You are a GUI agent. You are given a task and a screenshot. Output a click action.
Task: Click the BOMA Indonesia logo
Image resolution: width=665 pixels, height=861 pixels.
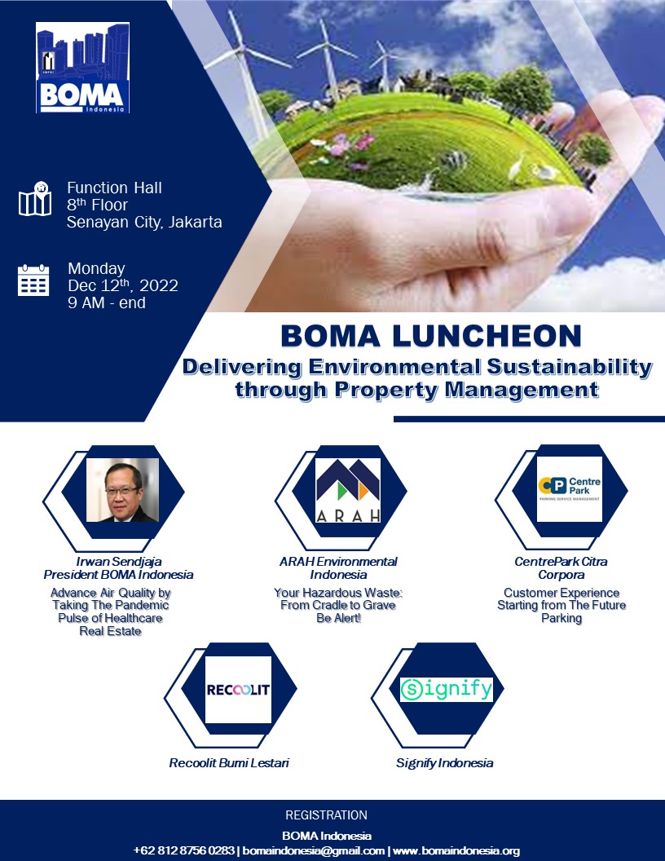pyautogui.click(x=82, y=68)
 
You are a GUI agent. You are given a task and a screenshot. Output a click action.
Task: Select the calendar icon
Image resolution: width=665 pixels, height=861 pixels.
pyautogui.click(x=33, y=280)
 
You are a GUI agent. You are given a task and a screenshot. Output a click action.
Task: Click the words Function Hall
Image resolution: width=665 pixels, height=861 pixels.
pyautogui.click(x=114, y=188)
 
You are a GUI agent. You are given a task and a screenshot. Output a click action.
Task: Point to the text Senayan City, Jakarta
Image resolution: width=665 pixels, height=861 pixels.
pyautogui.click(x=144, y=222)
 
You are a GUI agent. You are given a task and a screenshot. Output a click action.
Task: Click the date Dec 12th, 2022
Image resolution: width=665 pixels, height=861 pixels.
pyautogui.click(x=123, y=285)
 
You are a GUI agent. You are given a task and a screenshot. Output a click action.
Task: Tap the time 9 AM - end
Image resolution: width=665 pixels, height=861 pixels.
pyautogui.click(x=107, y=302)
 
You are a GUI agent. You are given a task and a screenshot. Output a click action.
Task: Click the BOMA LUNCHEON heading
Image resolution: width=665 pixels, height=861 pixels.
pyautogui.click(x=431, y=335)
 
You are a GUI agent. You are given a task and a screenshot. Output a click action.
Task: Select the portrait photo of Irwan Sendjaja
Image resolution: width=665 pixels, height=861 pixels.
pyautogui.click(x=122, y=490)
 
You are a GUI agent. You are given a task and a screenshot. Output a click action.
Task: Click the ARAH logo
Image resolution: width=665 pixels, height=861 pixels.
pyautogui.click(x=348, y=490)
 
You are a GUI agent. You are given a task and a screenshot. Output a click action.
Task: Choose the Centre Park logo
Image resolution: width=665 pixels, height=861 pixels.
pyautogui.click(x=570, y=488)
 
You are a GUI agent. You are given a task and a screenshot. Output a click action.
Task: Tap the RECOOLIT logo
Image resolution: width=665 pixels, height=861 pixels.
pyautogui.click(x=238, y=690)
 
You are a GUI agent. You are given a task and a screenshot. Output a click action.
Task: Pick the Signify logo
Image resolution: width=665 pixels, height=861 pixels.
pyautogui.click(x=446, y=690)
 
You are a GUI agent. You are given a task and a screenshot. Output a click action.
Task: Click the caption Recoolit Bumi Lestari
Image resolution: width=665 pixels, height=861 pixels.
pyautogui.click(x=229, y=762)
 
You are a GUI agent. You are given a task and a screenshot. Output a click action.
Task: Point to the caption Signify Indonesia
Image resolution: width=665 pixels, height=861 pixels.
pyautogui.click(x=444, y=762)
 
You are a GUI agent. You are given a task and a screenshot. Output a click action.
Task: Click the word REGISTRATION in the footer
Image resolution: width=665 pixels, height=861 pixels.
pyautogui.click(x=327, y=815)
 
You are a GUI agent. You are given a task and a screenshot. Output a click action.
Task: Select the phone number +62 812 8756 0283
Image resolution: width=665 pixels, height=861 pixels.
pyautogui.click(x=184, y=850)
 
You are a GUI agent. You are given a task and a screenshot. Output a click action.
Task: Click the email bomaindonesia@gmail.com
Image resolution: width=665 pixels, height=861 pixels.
pyautogui.click(x=313, y=850)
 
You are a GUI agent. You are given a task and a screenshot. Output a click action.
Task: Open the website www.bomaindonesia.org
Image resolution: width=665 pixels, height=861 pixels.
pyautogui.click(x=456, y=850)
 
